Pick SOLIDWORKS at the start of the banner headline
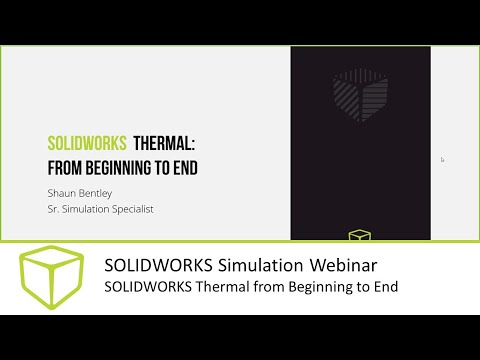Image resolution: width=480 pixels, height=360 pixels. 154,265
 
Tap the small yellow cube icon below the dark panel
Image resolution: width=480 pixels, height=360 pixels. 359,236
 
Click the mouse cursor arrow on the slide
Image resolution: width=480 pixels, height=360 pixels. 442,159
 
